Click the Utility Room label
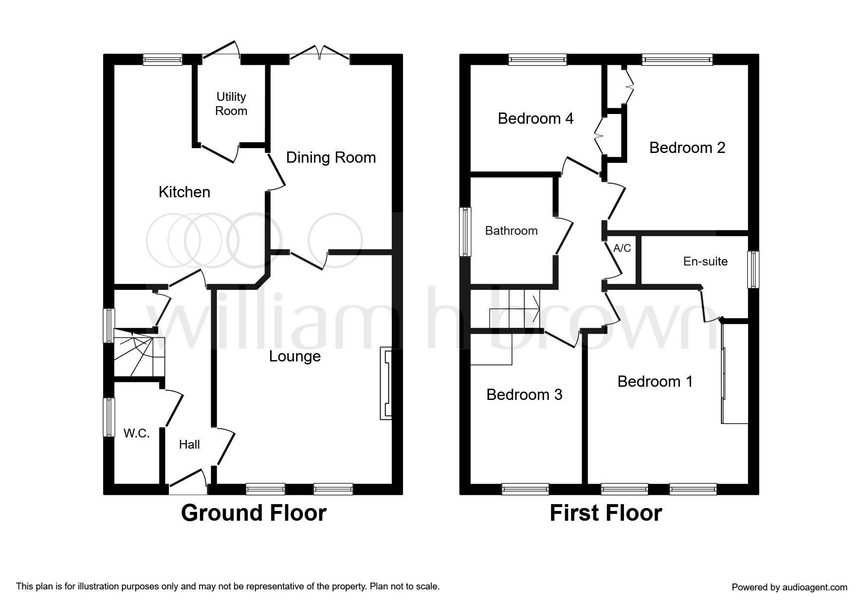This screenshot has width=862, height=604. point(231,104)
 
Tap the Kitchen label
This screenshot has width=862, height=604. point(184,192)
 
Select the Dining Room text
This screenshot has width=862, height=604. point(331,157)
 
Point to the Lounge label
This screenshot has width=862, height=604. point(295,357)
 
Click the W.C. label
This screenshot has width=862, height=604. point(136,433)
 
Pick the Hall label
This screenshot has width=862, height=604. point(189,444)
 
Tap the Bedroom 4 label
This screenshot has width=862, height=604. point(535,118)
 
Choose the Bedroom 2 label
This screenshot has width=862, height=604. point(687,148)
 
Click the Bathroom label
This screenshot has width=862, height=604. point(512,230)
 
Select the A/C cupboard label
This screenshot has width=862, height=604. point(622,248)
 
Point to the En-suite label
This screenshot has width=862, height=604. point(705,262)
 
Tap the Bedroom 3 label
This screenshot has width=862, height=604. point(524,395)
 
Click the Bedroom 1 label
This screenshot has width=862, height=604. point(655,381)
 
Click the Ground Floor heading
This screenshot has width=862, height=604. point(254,513)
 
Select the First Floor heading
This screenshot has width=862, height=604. point(606,513)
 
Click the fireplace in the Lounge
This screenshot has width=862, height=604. point(385,383)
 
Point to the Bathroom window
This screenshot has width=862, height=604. point(466,231)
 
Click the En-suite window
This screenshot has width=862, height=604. point(753,269)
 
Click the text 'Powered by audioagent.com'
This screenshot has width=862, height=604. point(789,587)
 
